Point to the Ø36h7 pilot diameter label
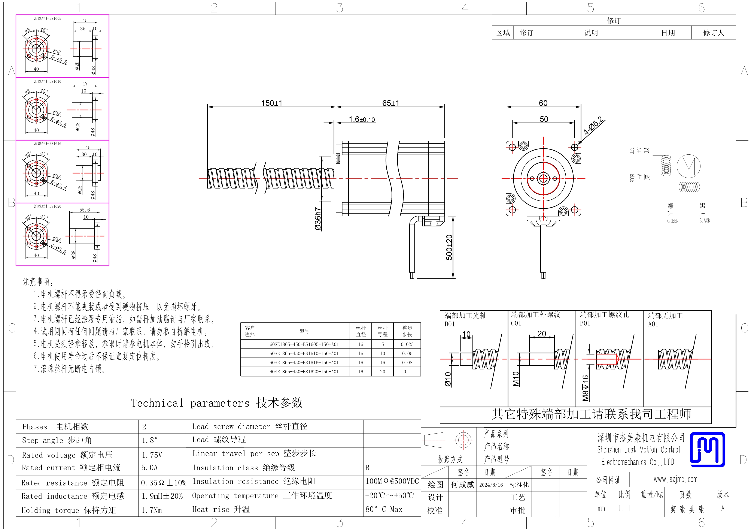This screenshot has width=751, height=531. pos(318,218)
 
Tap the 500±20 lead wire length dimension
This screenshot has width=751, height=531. pos(449,247)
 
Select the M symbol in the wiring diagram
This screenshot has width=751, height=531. pos(688,166)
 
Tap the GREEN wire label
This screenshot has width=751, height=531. pos(673,221)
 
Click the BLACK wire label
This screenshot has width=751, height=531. pos(705,220)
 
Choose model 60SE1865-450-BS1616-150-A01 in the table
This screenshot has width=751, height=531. pos(304,362)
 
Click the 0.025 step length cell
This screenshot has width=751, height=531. pos(407,344)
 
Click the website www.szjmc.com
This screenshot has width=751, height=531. pos(675,479)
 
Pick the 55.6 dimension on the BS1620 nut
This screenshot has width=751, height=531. pos(84,210)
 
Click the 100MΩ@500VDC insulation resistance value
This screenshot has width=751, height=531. pos(392,481)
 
